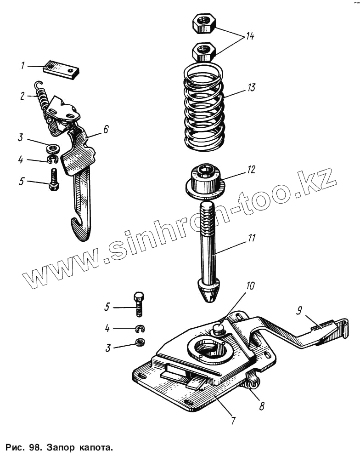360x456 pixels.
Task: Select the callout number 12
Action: tap(250, 170)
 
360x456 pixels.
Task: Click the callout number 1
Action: tap(22, 66)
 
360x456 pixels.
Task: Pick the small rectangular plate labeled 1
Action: tap(62, 68)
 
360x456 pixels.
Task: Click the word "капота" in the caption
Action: tap(96, 446)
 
